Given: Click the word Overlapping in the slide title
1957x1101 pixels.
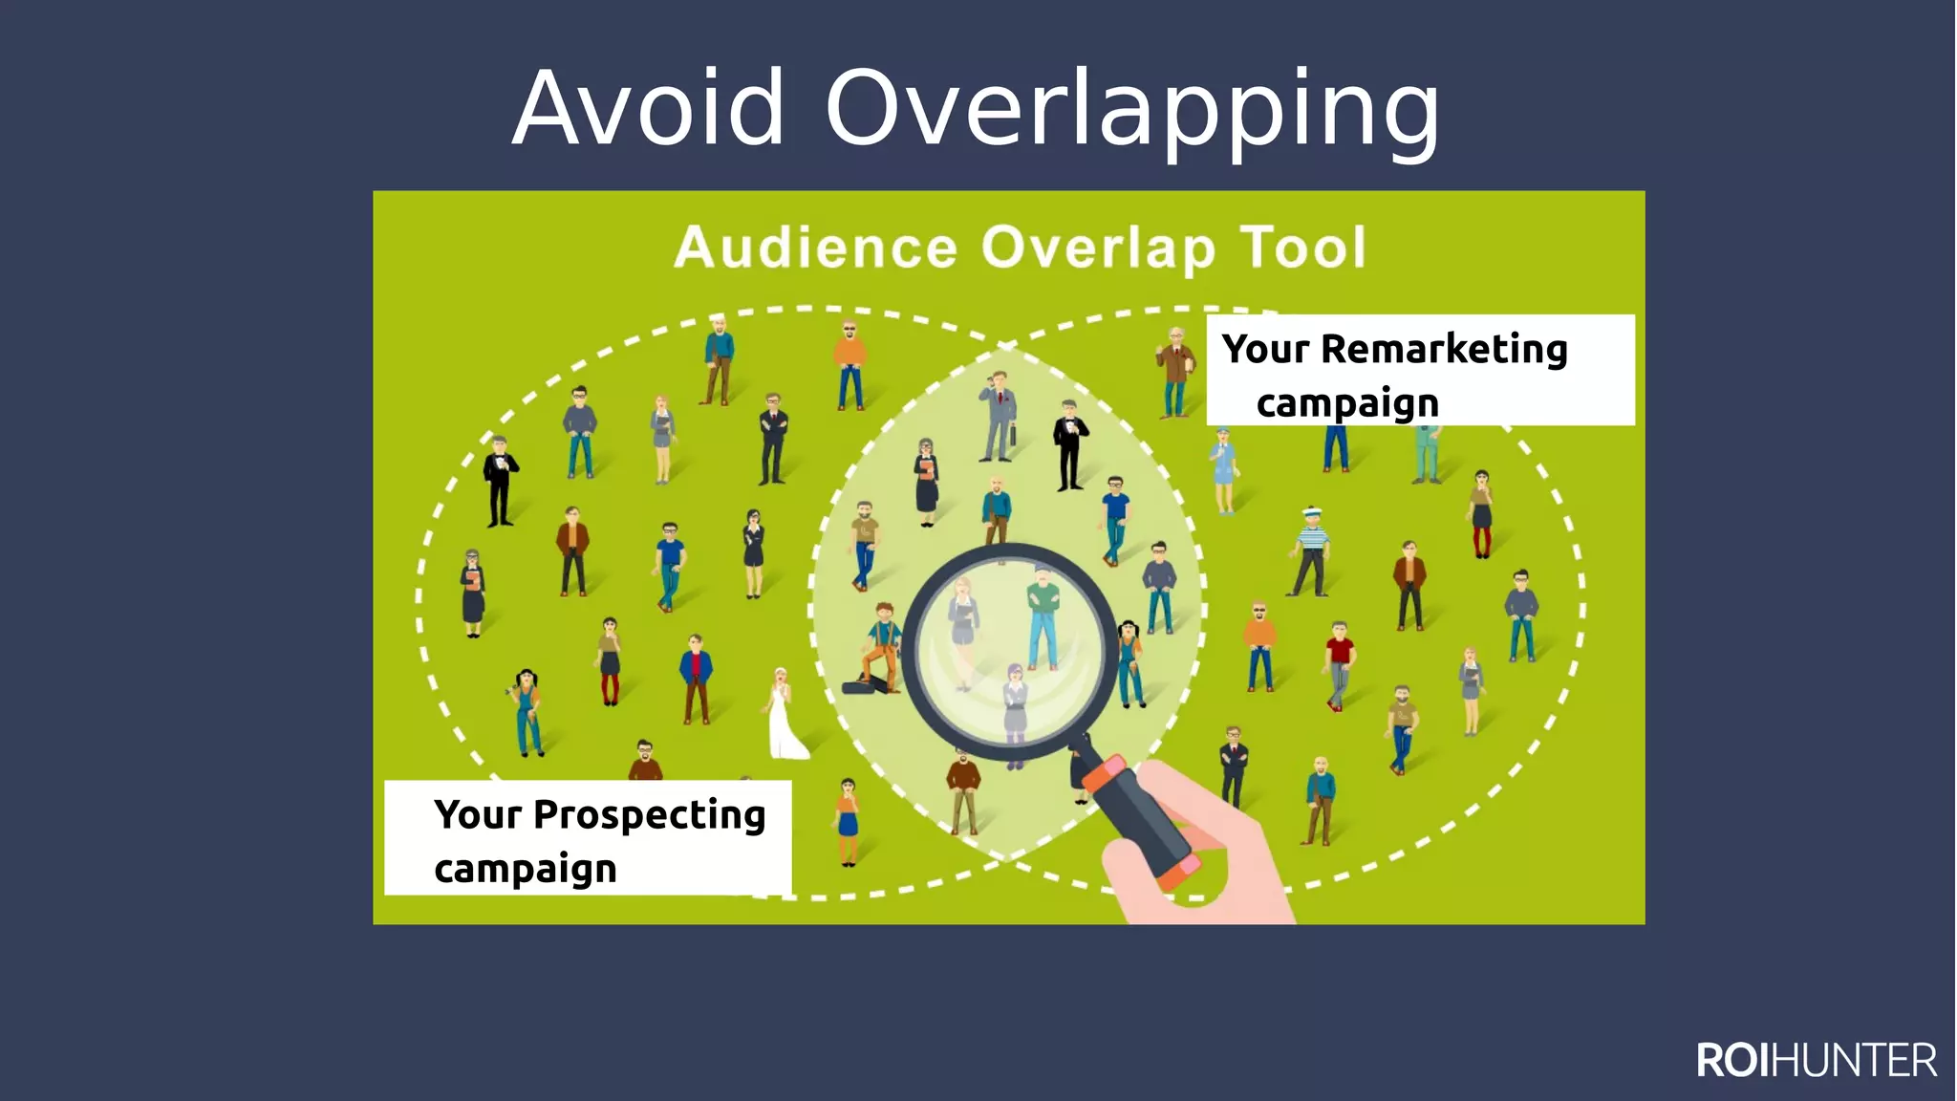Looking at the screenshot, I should point(1132,110).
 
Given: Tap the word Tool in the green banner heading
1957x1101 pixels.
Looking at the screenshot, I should point(1303,248).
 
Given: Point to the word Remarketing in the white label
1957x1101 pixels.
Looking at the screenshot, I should point(1444,349).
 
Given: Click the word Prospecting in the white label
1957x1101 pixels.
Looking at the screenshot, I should point(649,814).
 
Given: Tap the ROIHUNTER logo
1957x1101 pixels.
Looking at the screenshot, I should point(1817,1061).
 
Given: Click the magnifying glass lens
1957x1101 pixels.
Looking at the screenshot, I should point(1009,650).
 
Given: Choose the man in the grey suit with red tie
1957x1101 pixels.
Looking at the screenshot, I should point(1000,416).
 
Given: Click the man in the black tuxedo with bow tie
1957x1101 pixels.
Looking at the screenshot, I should point(1069,444).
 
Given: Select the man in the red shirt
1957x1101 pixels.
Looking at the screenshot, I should point(1339,664).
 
